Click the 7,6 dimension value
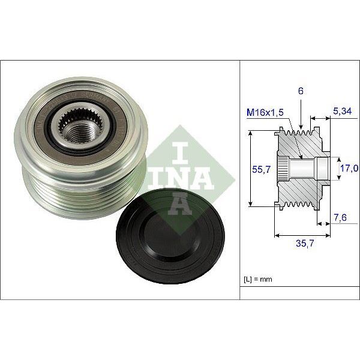(x=341, y=218)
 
